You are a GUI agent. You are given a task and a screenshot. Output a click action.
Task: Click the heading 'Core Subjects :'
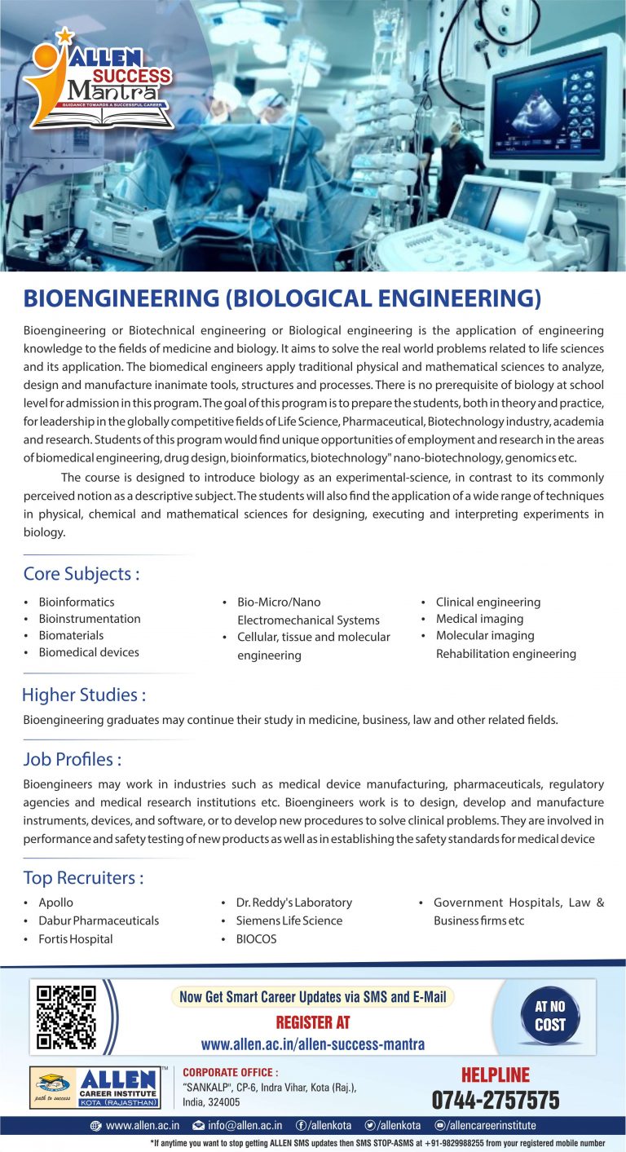click(x=82, y=574)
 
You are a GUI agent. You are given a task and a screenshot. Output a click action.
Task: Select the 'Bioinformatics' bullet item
click(x=77, y=602)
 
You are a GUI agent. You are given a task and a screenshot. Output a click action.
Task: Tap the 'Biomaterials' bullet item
click(x=71, y=635)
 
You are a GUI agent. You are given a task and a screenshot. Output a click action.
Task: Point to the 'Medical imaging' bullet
click(x=479, y=619)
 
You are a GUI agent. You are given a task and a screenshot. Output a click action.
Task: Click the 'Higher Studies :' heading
click(x=84, y=695)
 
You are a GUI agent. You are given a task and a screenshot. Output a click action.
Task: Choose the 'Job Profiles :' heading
click(x=73, y=759)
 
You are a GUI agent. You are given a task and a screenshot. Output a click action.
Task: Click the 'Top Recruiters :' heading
click(x=83, y=878)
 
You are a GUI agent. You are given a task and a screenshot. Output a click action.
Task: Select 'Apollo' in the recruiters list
click(x=55, y=903)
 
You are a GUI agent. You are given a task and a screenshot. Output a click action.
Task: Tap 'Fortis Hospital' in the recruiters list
click(x=75, y=938)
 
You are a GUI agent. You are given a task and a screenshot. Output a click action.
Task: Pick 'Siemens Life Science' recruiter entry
click(x=289, y=920)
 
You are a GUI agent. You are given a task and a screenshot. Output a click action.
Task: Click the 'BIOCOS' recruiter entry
click(x=256, y=938)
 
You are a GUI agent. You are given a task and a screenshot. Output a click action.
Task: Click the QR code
click(x=67, y=1016)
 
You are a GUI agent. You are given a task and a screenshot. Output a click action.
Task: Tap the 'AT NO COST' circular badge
click(x=549, y=1016)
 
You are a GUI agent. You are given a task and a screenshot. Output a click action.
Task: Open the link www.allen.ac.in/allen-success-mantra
click(x=313, y=1044)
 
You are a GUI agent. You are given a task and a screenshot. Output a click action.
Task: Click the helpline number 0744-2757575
click(x=496, y=1100)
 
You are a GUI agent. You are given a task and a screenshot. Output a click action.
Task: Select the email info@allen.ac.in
click(x=245, y=1125)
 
